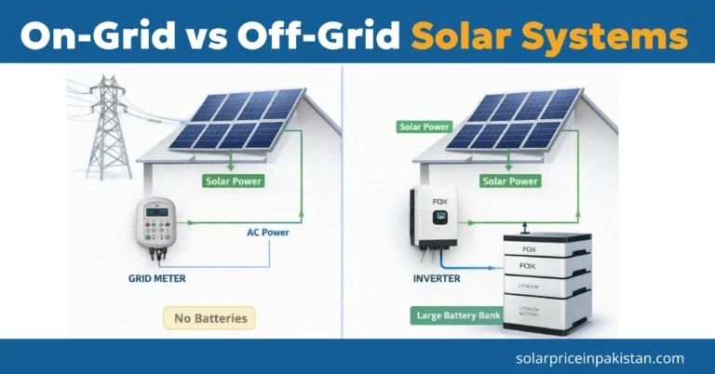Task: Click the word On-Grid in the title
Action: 88,34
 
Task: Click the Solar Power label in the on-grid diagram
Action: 233,180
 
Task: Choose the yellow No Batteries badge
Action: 209,318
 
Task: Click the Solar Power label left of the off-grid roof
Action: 425,127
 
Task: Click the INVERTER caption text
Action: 438,277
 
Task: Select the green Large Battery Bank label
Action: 455,315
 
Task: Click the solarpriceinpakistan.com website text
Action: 599,357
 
